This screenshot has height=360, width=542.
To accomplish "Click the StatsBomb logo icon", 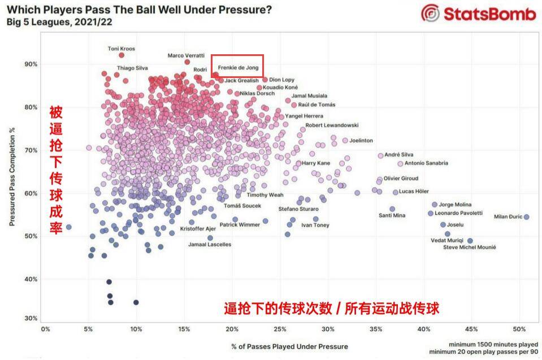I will pos(431,14).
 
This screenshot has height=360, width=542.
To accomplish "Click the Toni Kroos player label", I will pos(122,49).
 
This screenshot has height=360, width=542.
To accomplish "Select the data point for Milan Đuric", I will pos(526,217).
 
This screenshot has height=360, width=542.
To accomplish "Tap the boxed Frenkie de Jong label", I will pos(238,67).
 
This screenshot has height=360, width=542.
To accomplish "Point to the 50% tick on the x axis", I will pos(520,328).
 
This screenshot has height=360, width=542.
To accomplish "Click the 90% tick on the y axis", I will pos(31,64).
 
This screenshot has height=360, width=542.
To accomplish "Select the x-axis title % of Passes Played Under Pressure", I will pos(289,346).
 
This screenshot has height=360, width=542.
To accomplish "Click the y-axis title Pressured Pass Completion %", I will pos(12,177).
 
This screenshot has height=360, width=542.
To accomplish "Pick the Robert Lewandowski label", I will pos(332,125).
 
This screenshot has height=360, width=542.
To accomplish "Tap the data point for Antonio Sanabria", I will pos(400,164).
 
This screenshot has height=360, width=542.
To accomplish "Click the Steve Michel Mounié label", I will pos(469,248).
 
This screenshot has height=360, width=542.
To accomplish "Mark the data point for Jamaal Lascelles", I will pos(210,238).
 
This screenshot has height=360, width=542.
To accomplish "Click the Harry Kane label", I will pos(316,163).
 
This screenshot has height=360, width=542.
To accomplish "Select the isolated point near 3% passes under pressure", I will pos(69,227).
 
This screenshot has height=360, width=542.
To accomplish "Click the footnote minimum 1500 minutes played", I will pos(493,344).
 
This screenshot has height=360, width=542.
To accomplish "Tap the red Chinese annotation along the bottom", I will pos(331,309).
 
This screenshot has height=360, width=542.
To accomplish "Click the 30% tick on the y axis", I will pos(31,318).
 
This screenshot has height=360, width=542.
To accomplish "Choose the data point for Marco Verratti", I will pos(187,62).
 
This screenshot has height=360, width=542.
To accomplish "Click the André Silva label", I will pos(399,154).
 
